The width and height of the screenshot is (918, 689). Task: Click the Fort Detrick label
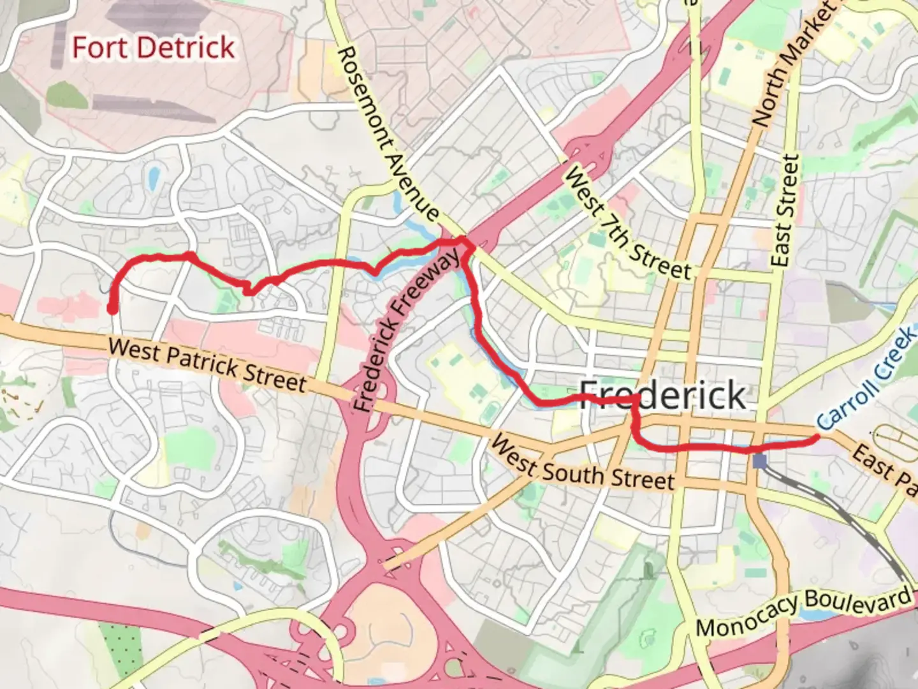pyautogui.click(x=153, y=48)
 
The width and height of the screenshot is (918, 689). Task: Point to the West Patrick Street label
pyautogui.click(x=207, y=366)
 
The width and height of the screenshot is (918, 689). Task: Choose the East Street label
pyautogui.click(x=784, y=211)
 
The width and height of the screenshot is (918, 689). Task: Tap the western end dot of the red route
pyautogui.click(x=112, y=310)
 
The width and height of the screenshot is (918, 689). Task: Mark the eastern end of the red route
pyautogui.click(x=817, y=438)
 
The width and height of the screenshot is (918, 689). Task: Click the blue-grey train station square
pyautogui.click(x=759, y=461)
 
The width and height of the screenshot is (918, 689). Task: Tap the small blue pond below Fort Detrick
pyautogui.click(x=153, y=179)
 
